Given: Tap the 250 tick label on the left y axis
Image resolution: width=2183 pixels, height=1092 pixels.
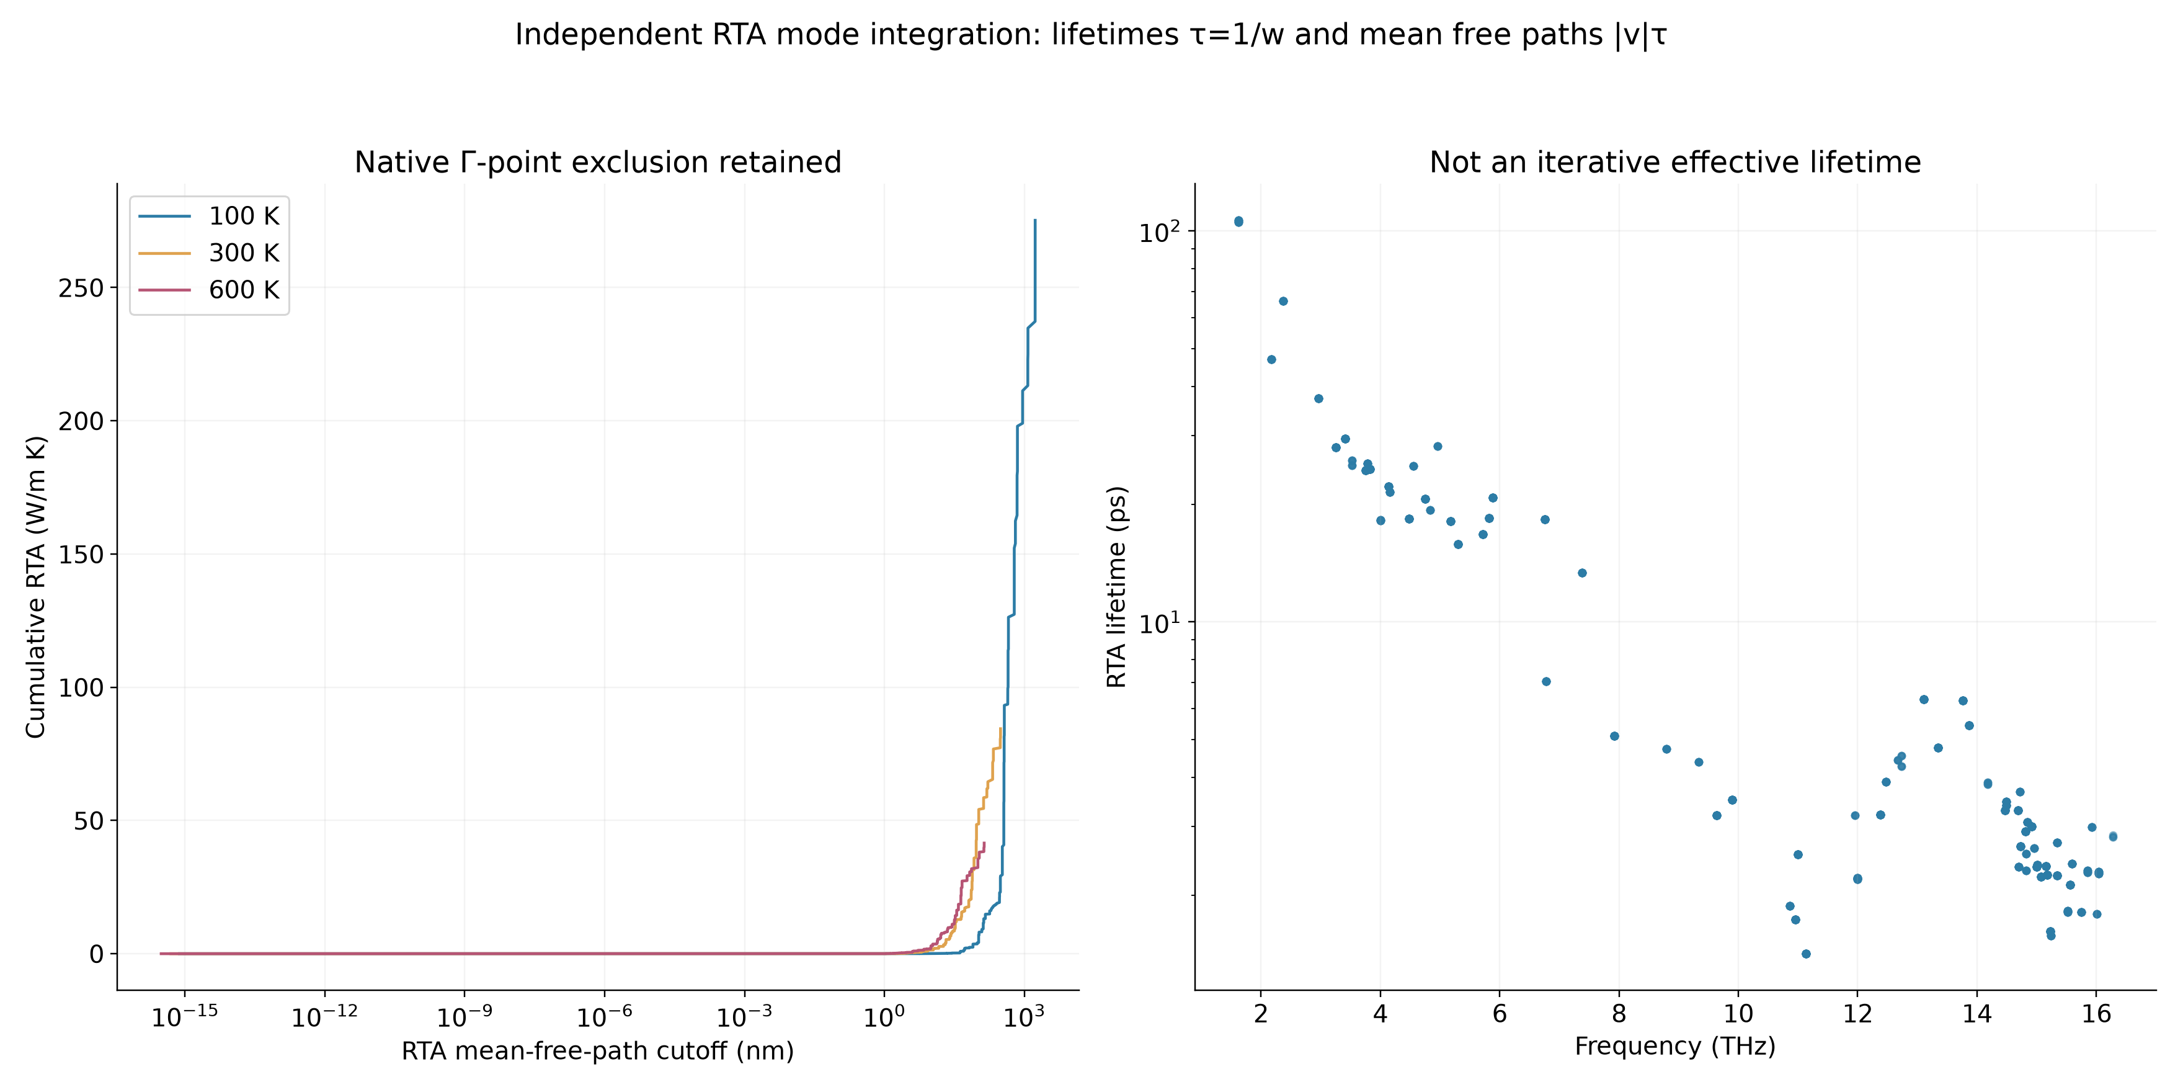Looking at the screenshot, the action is [x=81, y=289].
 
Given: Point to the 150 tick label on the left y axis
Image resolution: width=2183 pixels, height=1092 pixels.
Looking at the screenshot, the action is [x=81, y=555].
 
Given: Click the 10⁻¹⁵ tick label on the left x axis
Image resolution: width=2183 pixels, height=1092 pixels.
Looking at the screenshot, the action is [x=185, y=1015].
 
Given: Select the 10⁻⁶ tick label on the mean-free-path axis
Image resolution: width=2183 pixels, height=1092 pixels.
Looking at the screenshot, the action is [x=604, y=1015].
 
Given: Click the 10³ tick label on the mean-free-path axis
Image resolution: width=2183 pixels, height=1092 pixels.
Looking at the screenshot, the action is [x=1024, y=1015].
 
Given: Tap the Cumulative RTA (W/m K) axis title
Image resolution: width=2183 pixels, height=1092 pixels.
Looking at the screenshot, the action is [x=35, y=587].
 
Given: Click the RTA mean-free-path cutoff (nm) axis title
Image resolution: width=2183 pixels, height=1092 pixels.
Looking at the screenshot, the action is [x=597, y=1051].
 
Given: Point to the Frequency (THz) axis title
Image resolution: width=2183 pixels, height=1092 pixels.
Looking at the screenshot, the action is [x=1674, y=1046].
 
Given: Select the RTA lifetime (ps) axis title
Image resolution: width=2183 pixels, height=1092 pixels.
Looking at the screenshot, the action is [x=1117, y=587].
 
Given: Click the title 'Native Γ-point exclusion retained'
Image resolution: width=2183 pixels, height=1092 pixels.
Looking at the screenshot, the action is [x=597, y=162].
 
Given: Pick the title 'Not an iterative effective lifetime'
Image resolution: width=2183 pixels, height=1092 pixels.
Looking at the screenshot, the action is [x=1674, y=162].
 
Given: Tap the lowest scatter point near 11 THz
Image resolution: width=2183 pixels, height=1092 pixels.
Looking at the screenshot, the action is [x=1806, y=954].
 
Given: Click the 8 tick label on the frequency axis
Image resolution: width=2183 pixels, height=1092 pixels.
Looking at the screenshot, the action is [x=1619, y=1014].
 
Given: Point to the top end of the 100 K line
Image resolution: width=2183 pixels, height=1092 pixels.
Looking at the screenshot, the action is [x=1034, y=220].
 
